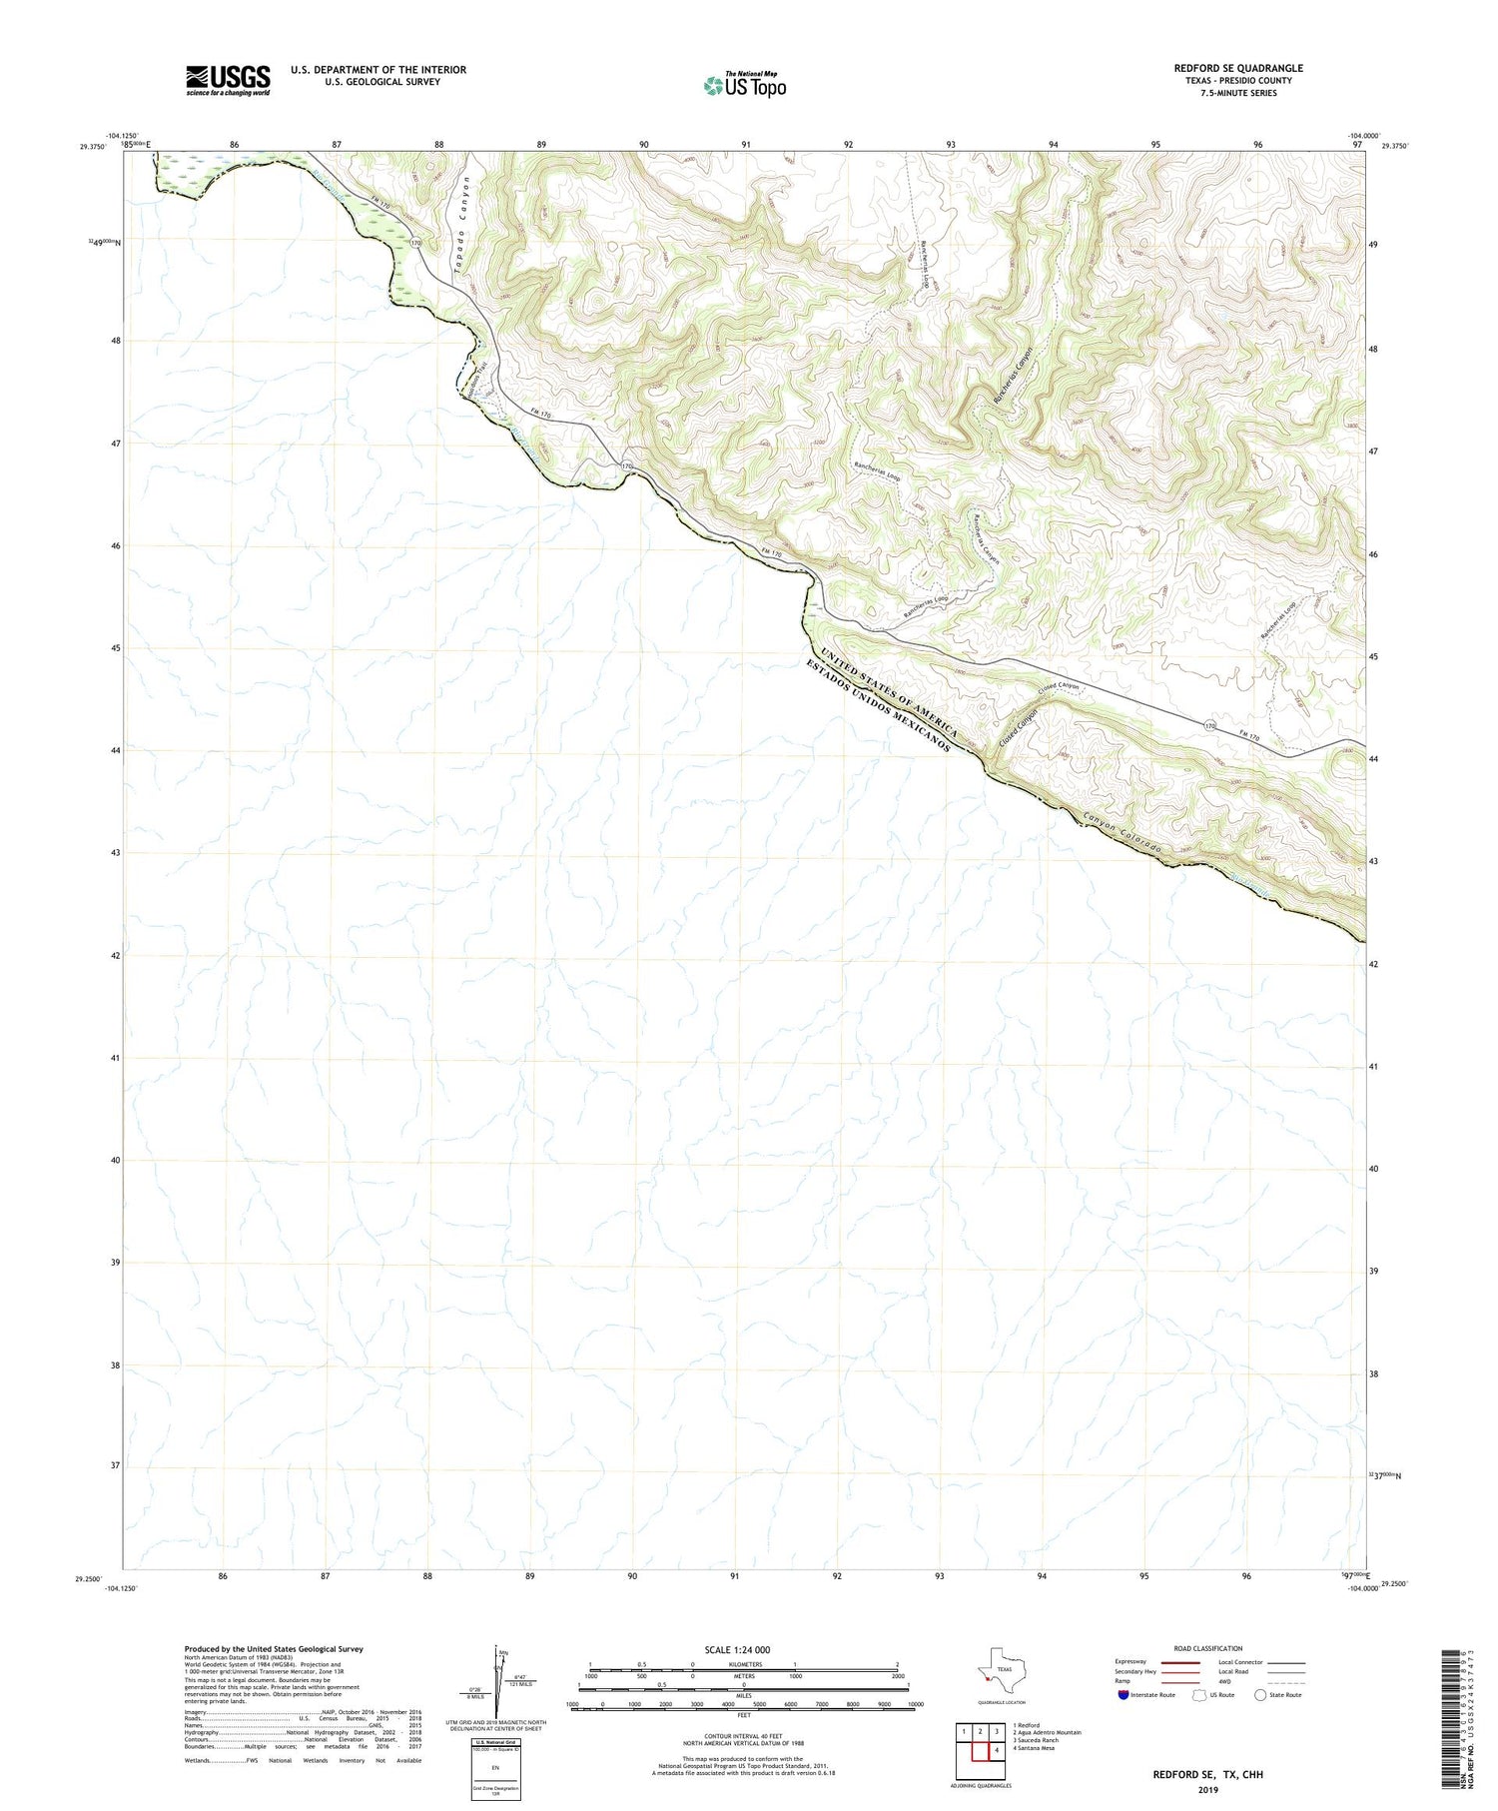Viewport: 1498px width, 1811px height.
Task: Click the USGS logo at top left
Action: pyautogui.click(x=228, y=80)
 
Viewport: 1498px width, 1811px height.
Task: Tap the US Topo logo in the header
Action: pyautogui.click(x=744, y=86)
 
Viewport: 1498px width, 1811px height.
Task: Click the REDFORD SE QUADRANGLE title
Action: pyautogui.click(x=1237, y=68)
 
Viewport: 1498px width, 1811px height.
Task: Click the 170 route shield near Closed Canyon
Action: pyautogui.click(x=1210, y=725)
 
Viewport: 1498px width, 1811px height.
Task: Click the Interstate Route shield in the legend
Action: pyautogui.click(x=1123, y=1694)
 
